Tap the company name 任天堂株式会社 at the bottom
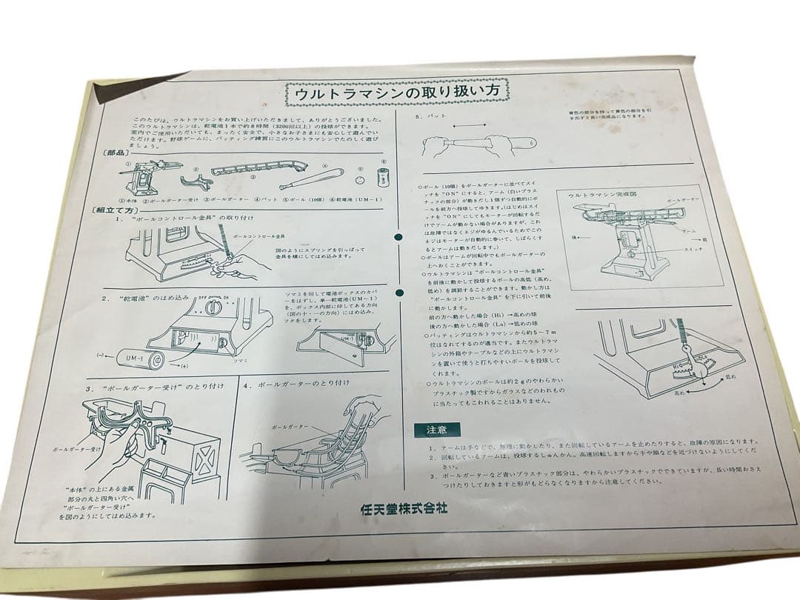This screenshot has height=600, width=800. (404, 509)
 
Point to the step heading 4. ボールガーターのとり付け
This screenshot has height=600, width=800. (305, 384)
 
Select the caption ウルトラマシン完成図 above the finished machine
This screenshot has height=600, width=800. (593, 195)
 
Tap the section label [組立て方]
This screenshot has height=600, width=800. (110, 210)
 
